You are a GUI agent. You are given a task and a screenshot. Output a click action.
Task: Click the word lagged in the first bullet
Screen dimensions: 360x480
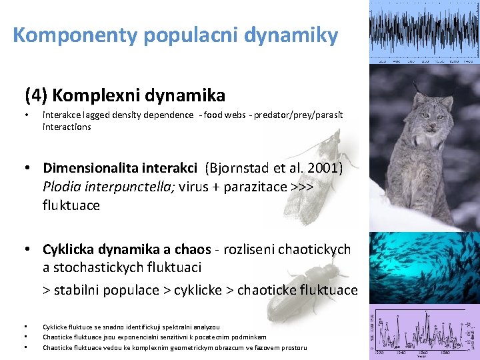[99, 115]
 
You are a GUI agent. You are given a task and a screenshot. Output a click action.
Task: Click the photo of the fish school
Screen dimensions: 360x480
[425, 267]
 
